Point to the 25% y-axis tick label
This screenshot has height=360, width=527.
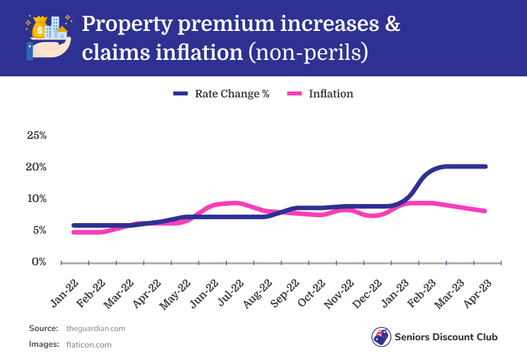(36, 136)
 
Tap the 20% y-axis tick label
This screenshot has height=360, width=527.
(36, 167)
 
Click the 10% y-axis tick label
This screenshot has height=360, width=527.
(36, 199)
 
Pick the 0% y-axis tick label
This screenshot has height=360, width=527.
(38, 262)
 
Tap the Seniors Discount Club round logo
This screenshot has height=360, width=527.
(381, 337)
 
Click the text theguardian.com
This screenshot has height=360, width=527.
(96, 328)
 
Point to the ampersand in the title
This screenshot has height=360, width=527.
(392, 25)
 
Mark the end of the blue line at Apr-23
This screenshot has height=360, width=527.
(485, 167)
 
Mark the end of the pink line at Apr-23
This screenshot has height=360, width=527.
(485, 211)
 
